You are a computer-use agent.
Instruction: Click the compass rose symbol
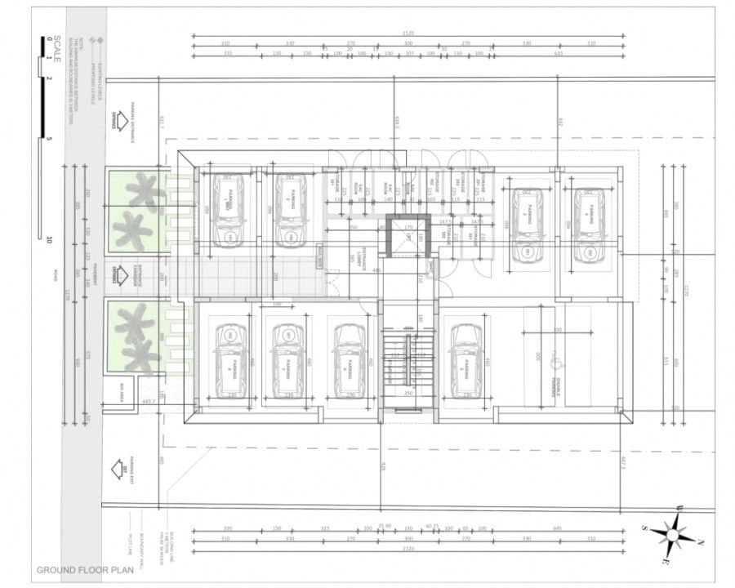[675, 535]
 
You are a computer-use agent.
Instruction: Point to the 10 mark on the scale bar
[50, 239]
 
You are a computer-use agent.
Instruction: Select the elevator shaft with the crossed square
[406, 237]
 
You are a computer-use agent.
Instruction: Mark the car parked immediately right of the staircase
[466, 360]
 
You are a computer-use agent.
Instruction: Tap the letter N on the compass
[700, 541]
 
